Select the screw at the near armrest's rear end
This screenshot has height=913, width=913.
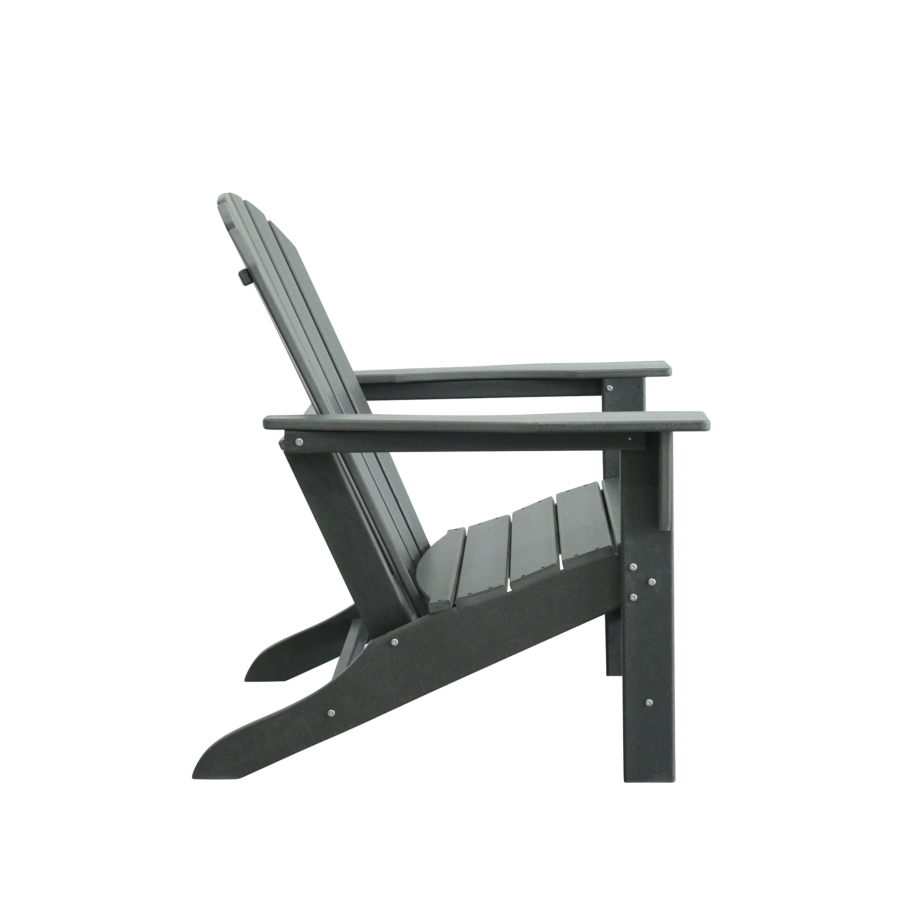click(299, 442)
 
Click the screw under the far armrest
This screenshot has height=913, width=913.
click(610, 388)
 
